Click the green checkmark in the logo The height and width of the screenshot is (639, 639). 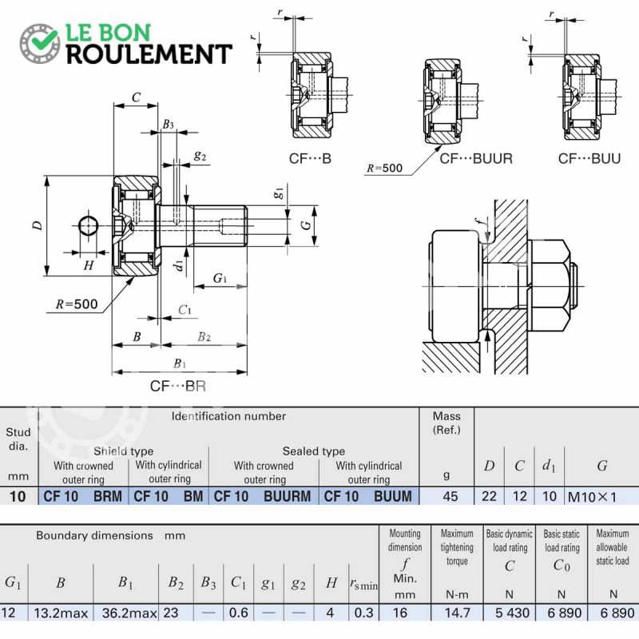[x=44, y=38]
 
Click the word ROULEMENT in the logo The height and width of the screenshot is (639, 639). [x=149, y=54]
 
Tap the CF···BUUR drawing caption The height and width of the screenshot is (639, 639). [x=475, y=158]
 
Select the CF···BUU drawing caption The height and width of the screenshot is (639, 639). [x=589, y=158]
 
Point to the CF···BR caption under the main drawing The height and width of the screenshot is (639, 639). [x=178, y=386]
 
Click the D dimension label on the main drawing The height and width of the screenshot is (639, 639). [x=37, y=225]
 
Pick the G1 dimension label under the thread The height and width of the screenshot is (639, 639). [x=220, y=278]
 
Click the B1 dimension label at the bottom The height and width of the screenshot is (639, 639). [x=179, y=363]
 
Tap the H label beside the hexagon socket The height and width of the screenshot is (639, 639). [x=89, y=266]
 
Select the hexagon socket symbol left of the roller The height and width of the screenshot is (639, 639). [x=88, y=225]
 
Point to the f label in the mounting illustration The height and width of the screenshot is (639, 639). [x=480, y=222]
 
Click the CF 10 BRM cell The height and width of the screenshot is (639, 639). [x=83, y=496]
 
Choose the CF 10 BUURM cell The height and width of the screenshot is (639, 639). [x=263, y=496]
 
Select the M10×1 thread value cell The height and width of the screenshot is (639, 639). [x=592, y=497]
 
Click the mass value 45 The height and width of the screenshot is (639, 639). [x=450, y=496]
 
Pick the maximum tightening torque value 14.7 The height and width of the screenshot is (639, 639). [x=457, y=613]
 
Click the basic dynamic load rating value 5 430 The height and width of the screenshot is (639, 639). [x=512, y=613]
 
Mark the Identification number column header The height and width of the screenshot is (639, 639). [x=228, y=416]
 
